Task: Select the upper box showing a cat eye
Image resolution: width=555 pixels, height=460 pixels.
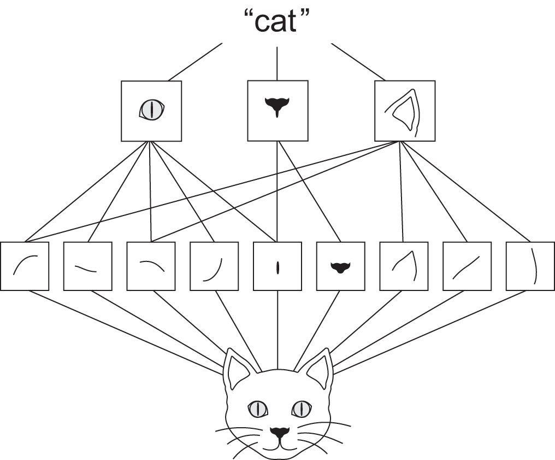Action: (151, 111)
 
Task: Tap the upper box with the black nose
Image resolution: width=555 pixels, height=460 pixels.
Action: (277, 110)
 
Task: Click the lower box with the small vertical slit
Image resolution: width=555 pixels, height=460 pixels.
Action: (277, 266)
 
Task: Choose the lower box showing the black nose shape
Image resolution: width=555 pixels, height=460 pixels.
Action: (340, 266)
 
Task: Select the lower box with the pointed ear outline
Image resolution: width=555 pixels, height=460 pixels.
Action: (404, 266)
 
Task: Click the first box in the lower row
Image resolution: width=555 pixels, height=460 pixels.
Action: (25, 266)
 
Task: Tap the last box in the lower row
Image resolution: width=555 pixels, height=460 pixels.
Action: (530, 266)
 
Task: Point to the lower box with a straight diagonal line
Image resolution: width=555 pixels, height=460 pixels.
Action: (467, 266)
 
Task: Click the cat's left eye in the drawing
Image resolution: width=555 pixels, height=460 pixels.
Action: (257, 408)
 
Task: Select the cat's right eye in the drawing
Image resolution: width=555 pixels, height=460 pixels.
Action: (300, 408)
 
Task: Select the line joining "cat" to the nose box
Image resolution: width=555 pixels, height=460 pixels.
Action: (277, 63)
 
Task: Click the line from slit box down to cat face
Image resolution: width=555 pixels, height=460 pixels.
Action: (278, 328)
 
